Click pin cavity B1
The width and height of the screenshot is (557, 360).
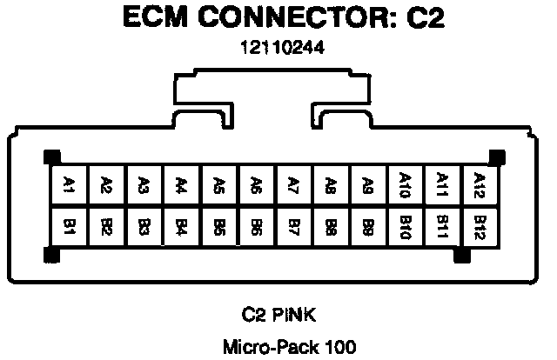point(69,228)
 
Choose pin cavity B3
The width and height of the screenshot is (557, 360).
point(144,228)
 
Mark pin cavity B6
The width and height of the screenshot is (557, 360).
point(256,228)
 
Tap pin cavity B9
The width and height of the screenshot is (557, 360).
point(367,228)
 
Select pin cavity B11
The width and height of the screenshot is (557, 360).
point(442,228)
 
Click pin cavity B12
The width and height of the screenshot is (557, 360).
point(479,228)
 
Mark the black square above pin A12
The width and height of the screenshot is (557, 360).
point(498,157)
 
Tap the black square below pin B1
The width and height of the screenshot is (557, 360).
point(50,257)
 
